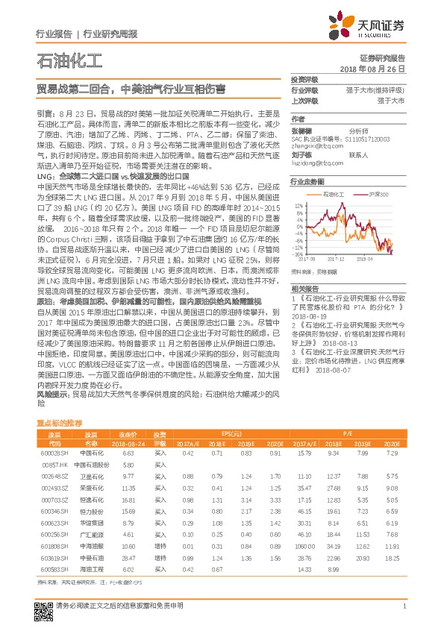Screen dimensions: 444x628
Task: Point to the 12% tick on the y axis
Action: (298, 203)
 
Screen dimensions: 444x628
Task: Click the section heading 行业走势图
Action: (307, 181)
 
